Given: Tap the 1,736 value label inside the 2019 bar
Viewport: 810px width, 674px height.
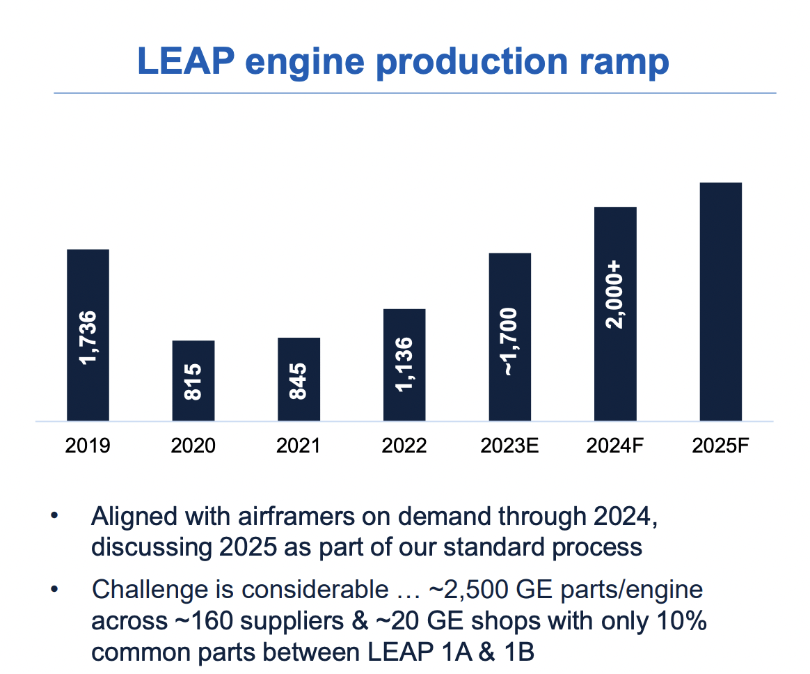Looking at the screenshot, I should (x=88, y=337).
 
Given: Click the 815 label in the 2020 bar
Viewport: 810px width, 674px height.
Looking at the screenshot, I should (x=193, y=381).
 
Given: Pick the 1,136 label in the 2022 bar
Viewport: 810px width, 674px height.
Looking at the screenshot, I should (x=404, y=364).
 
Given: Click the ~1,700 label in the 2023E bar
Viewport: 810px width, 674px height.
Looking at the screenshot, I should (x=510, y=342).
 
